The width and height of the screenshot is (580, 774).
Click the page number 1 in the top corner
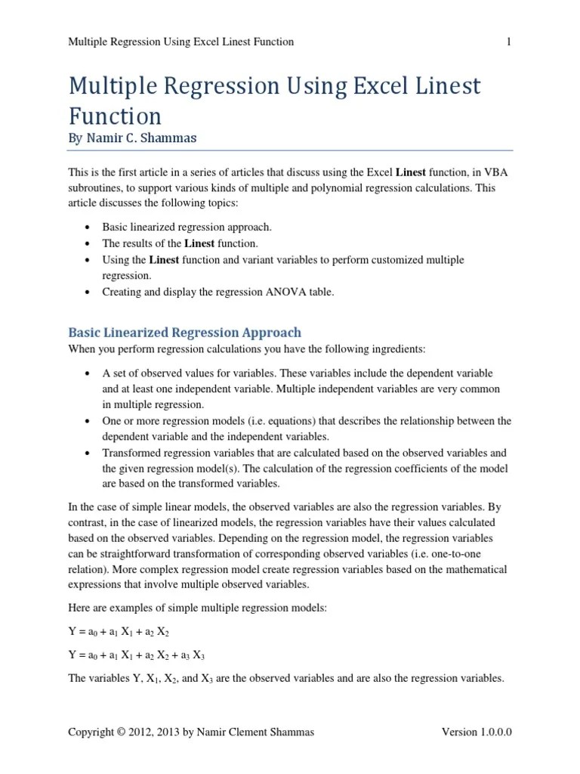point(508,42)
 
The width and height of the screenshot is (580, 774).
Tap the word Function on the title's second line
point(115,116)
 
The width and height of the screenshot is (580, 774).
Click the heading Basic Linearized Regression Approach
point(184,333)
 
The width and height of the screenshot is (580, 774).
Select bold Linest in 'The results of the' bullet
point(199,243)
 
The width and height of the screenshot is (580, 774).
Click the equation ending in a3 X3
point(137,655)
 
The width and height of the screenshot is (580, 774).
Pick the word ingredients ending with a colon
point(397,348)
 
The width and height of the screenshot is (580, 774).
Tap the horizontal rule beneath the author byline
point(290,150)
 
